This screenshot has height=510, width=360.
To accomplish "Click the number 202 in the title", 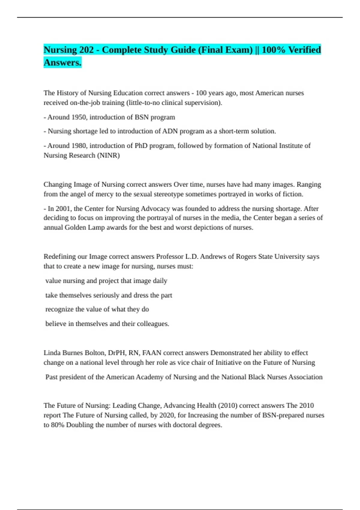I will [86, 50].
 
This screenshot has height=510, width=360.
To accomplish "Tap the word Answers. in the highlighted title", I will [62, 63].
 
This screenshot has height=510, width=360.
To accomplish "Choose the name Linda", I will [52, 353].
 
